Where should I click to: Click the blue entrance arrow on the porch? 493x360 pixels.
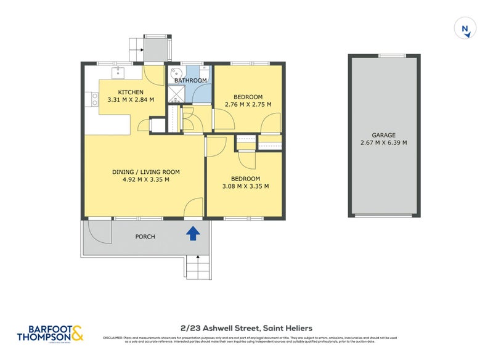(193, 233)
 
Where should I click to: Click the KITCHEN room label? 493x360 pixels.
(131, 92)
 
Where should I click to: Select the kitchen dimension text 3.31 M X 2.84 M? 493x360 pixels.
(131, 100)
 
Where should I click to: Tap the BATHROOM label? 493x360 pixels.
(190, 81)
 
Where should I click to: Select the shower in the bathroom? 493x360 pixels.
(177, 94)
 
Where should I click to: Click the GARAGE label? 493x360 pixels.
(383, 135)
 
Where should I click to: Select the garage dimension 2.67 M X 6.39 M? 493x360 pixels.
(383, 143)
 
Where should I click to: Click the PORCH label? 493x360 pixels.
(145, 237)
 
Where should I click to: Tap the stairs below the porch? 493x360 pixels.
(197, 267)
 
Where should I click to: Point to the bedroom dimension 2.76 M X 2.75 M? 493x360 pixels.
(249, 105)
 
